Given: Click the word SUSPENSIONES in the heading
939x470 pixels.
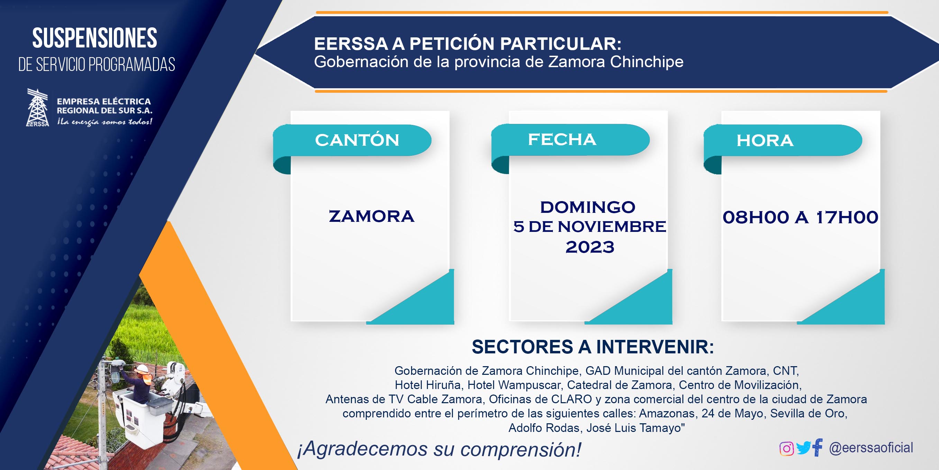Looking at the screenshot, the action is [95, 38].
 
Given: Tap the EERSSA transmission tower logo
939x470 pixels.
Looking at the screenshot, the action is [38, 108].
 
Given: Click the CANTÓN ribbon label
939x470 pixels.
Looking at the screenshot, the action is [357, 140].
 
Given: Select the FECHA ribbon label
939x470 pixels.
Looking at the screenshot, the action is [562, 139].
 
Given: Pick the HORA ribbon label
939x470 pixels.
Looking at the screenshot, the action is [765, 141].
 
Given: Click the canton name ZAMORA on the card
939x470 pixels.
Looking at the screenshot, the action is [372, 216].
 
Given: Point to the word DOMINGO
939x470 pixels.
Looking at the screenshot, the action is [587, 207].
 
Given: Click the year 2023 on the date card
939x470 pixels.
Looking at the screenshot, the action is [590, 247].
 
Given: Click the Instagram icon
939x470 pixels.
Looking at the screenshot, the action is [786, 449].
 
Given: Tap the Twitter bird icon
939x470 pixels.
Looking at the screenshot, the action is [803, 448].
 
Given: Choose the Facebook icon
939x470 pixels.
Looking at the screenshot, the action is [817, 448].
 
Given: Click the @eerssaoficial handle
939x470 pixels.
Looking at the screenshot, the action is [871, 448].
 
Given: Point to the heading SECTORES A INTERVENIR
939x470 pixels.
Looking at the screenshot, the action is [593, 347].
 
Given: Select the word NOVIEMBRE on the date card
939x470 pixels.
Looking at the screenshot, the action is [612, 227].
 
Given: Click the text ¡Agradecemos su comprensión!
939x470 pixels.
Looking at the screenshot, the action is [439, 449].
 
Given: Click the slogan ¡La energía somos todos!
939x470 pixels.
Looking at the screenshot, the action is [104, 122].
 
